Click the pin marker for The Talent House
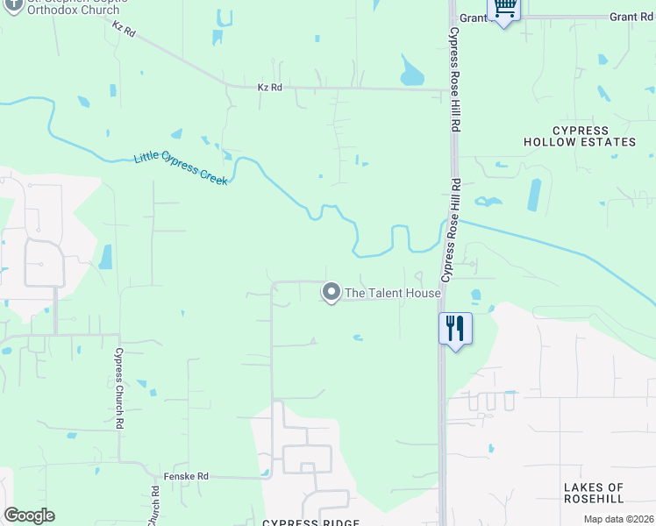click(x=331, y=291)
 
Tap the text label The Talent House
click(x=392, y=293)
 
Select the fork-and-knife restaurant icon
click(x=455, y=329)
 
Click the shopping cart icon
click(x=504, y=8)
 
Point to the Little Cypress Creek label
click(x=181, y=169)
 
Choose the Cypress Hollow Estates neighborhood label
click(x=580, y=136)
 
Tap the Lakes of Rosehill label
click(x=594, y=493)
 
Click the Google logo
click(x=29, y=515)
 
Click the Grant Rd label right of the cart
click(x=631, y=17)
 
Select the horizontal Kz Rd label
click(x=269, y=88)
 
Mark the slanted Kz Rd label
click(x=125, y=29)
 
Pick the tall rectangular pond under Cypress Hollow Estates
click(x=534, y=195)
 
